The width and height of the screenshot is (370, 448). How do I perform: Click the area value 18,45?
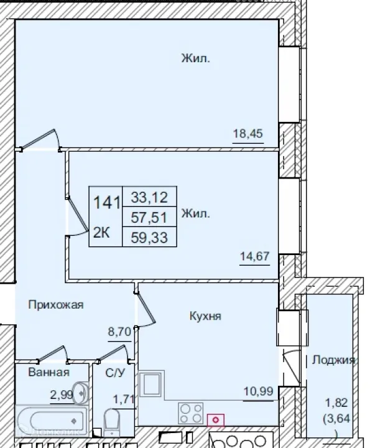click(248, 134)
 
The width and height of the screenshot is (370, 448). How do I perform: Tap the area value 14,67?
click(254, 254)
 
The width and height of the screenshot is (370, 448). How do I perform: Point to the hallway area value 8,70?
click(119, 332)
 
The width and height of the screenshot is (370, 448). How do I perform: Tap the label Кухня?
click(205, 316)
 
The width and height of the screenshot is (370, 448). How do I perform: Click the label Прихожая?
click(55, 305)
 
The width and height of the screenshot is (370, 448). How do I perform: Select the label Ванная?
click(48, 372)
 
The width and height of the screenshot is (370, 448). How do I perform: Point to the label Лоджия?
click(333, 360)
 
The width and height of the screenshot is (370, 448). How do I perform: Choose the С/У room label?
click(114, 372)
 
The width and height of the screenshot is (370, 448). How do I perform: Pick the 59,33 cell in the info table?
click(149, 237)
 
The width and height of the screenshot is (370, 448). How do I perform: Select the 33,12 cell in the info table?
click(149, 197)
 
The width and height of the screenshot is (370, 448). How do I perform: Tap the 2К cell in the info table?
click(102, 232)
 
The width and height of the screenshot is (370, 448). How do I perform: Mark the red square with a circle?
click(215, 421)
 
